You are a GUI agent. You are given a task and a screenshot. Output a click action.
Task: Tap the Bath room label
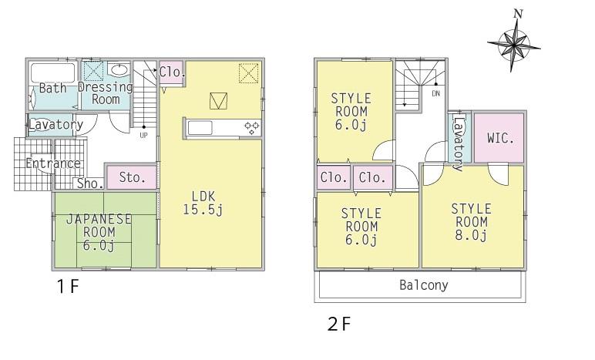52,88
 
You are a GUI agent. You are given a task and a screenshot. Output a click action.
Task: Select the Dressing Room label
106,93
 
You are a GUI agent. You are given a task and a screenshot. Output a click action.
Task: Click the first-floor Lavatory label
55,124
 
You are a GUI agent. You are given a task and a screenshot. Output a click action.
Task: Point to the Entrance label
52,163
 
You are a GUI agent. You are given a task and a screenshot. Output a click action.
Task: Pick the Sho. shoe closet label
89,183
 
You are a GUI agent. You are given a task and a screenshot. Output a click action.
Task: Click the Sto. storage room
132,177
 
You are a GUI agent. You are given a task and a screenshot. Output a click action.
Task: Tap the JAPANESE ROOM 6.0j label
99,231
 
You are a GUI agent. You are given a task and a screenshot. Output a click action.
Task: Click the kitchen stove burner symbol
252,127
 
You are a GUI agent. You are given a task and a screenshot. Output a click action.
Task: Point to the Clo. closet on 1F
170,72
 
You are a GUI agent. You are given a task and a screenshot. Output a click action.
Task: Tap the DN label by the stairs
435,94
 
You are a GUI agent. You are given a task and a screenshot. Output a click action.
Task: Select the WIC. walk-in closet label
500,139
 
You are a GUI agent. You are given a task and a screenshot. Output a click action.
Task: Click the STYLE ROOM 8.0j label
472,222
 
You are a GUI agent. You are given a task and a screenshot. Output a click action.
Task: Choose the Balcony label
423,285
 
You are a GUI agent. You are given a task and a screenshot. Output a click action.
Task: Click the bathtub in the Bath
52,76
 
